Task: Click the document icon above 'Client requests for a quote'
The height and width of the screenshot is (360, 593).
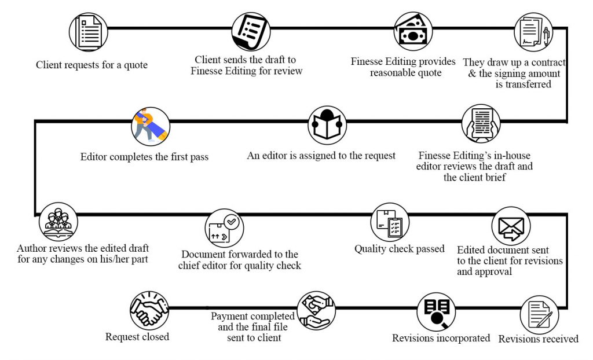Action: coord(89,32)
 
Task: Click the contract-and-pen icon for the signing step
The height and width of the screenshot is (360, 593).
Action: coord(533,33)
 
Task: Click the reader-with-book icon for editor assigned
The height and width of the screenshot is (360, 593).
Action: coord(327,125)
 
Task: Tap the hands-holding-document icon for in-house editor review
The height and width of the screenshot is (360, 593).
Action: coord(481,124)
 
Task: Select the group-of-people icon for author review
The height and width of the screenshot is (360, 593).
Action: coord(58,221)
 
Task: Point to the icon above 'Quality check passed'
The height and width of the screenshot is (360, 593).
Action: coord(390,222)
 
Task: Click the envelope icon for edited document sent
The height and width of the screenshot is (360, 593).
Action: coord(511,226)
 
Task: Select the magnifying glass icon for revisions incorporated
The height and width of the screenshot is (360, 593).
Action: coord(436,311)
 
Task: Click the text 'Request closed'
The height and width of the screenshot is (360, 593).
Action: coord(137,336)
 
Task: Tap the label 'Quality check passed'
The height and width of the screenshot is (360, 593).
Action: coord(400,249)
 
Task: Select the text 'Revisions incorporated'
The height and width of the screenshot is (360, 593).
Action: coord(441,338)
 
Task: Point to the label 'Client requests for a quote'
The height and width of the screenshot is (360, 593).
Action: coord(91,65)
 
